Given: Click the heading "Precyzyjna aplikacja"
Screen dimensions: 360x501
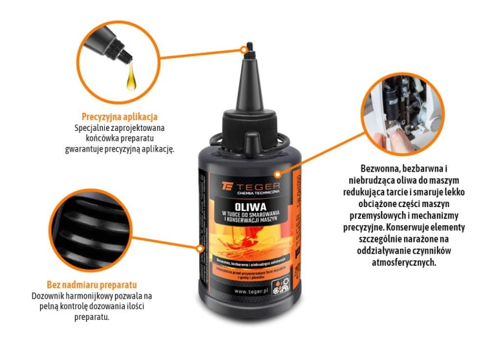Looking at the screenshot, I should [120, 116].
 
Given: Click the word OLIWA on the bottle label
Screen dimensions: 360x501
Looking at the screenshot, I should [245, 198].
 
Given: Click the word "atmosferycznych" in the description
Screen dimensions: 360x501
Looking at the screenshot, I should [406, 262].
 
